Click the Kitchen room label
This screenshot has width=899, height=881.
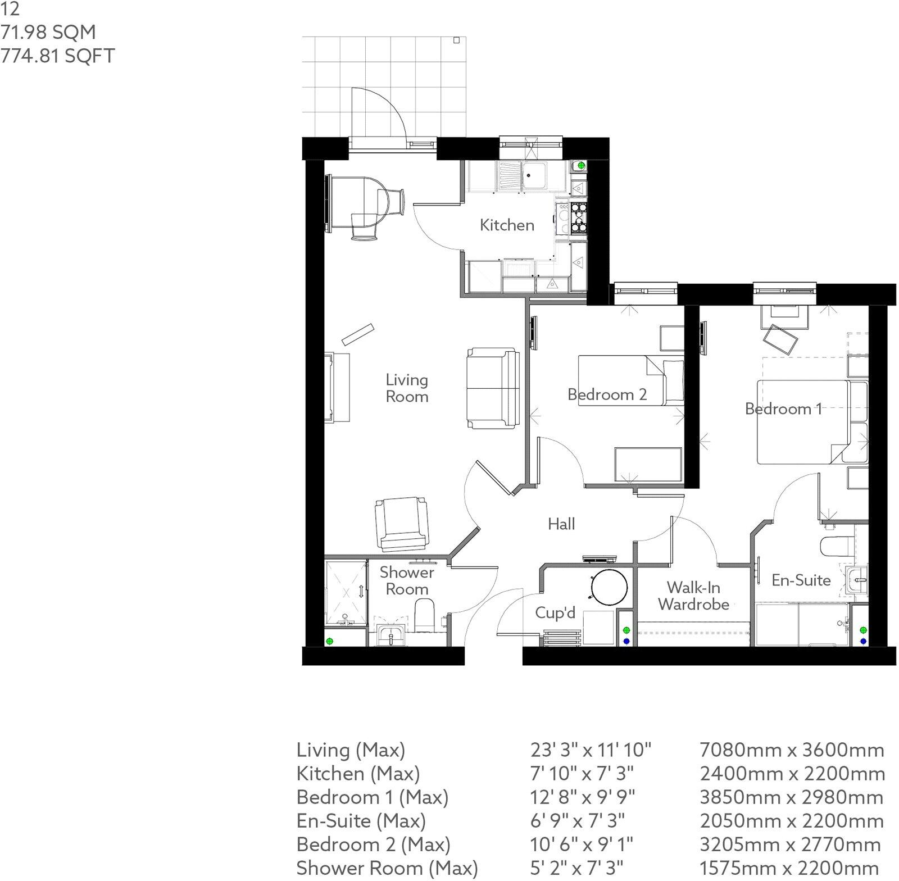point(507,225)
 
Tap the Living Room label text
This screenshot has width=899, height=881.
point(407,388)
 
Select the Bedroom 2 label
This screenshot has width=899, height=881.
point(607,394)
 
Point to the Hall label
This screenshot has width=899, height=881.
point(561,524)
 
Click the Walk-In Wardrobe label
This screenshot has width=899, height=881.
point(693,596)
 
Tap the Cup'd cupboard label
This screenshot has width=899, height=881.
point(555,612)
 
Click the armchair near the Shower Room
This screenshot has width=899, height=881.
point(401,524)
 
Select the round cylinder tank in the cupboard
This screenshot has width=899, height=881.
point(609,587)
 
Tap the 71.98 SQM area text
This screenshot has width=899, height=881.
point(48,32)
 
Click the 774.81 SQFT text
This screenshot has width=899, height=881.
point(57,56)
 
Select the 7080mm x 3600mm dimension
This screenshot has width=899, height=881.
point(792,750)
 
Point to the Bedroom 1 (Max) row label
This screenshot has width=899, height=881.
point(372,797)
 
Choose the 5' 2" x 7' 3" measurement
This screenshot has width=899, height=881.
point(576,868)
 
